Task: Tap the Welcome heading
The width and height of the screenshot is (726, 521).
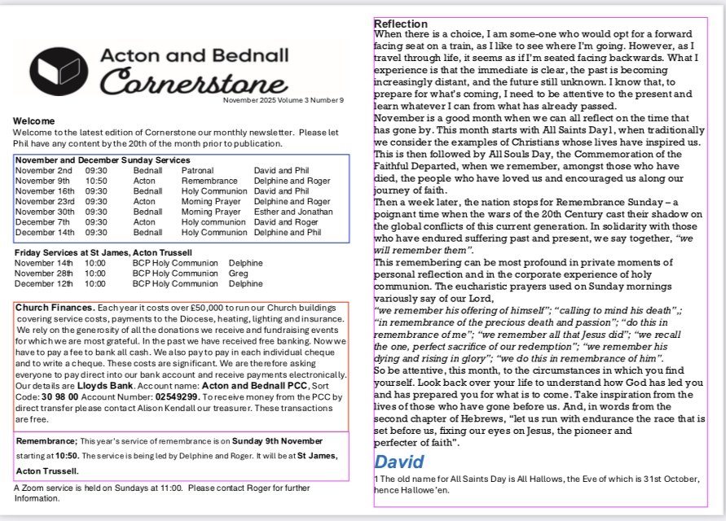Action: coord(33,121)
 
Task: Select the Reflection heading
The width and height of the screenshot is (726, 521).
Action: coord(400,24)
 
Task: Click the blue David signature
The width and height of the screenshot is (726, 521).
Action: coord(398,462)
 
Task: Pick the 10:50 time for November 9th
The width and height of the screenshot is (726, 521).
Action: coord(96,182)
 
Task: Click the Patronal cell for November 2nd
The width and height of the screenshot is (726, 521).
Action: coord(198,171)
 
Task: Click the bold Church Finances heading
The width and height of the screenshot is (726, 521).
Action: coord(54,308)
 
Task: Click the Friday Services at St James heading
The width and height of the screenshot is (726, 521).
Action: coord(103,252)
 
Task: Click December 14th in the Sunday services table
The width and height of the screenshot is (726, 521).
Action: coord(45,232)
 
